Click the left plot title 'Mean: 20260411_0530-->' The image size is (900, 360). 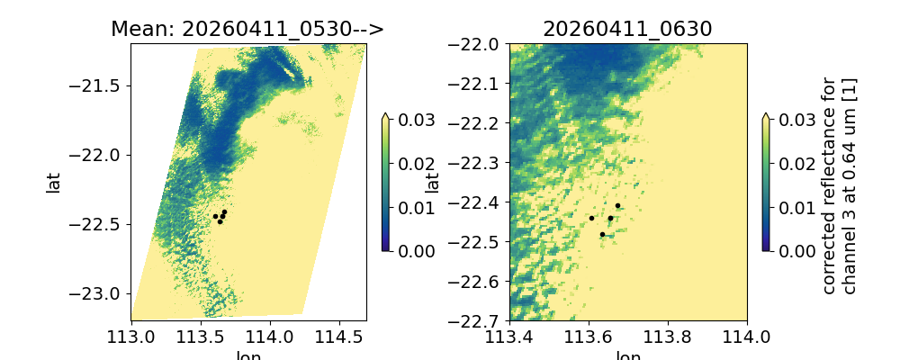click(247, 29)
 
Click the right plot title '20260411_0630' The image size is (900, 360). click(627, 29)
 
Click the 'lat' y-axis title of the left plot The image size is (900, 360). click(53, 183)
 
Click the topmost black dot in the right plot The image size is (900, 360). click(617, 206)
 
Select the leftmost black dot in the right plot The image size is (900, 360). click(591, 218)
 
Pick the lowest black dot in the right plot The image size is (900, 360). click(602, 235)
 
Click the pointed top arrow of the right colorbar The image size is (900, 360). click(764, 116)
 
